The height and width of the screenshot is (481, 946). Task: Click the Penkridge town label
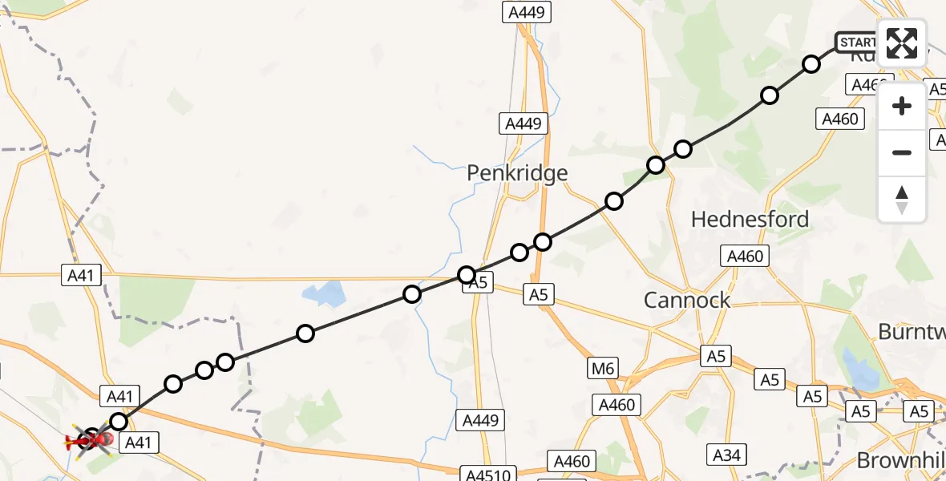pos(517,173)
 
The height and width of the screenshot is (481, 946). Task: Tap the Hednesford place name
pos(750,219)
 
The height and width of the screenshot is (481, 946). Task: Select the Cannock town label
pos(687,300)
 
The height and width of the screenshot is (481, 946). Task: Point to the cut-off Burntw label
pos(912,331)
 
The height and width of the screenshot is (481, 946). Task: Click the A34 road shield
pos(726,455)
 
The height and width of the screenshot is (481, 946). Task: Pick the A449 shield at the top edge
pos(526,12)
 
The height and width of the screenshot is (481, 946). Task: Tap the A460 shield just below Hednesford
pos(745,257)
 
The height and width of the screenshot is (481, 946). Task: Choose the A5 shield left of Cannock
pos(538,295)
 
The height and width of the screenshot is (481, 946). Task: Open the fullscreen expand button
pos(902,42)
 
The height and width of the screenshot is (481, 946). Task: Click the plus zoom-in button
pos(902,106)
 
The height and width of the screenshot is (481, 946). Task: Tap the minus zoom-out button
pos(902,152)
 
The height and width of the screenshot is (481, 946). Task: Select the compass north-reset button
pos(902,200)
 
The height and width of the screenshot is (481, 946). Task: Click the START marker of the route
pos(857,42)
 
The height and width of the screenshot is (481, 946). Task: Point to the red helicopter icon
pos(89,439)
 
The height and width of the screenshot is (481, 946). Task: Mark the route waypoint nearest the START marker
pos(811,64)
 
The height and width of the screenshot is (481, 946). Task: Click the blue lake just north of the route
pos(322,295)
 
